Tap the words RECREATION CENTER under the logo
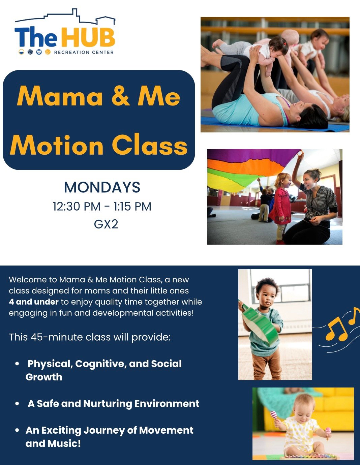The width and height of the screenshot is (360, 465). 84,52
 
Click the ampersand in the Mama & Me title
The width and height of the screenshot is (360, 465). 121,96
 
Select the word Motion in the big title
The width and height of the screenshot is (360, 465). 57,146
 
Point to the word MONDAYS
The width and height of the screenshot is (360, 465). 102,187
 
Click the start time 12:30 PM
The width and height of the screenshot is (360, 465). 77,207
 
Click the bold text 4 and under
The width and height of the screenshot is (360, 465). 34,302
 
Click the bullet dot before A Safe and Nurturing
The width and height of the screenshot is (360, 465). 17,404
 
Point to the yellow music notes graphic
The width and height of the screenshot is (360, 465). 340,325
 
